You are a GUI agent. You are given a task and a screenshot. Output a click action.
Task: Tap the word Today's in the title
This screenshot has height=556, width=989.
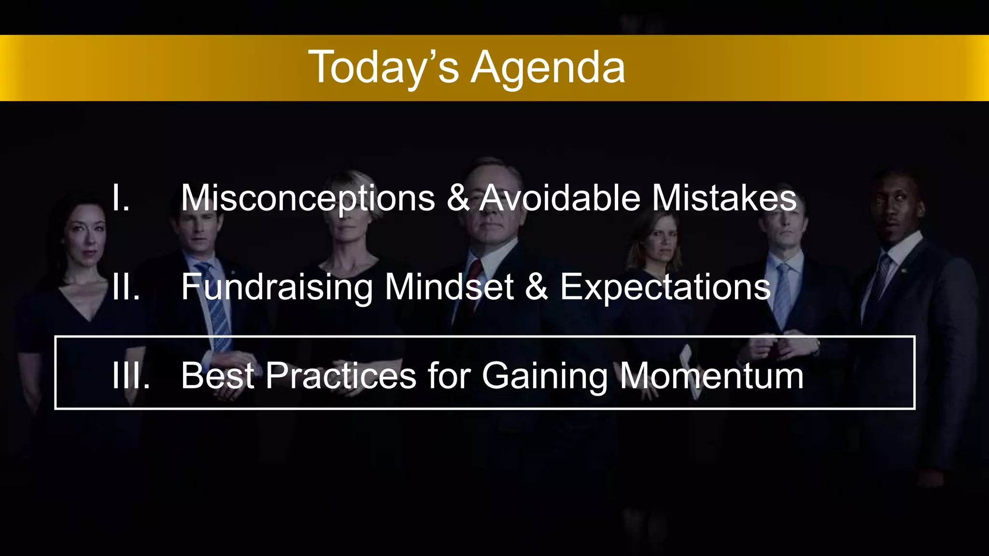[x=383, y=68]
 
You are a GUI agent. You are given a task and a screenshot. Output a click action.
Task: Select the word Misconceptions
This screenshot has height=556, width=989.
[x=308, y=198]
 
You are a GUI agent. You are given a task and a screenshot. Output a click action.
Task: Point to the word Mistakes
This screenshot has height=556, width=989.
[x=724, y=198]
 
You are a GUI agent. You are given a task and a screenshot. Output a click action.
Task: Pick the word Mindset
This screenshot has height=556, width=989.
[x=449, y=287]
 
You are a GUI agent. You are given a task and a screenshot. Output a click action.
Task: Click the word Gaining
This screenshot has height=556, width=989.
[x=545, y=376]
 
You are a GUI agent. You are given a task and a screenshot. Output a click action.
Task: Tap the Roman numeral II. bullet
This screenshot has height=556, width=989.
[x=126, y=287]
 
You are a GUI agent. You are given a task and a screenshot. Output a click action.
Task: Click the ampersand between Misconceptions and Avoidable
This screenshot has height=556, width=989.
[x=458, y=198]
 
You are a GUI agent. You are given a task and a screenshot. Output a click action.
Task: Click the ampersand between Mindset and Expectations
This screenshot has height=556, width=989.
[x=536, y=287]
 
